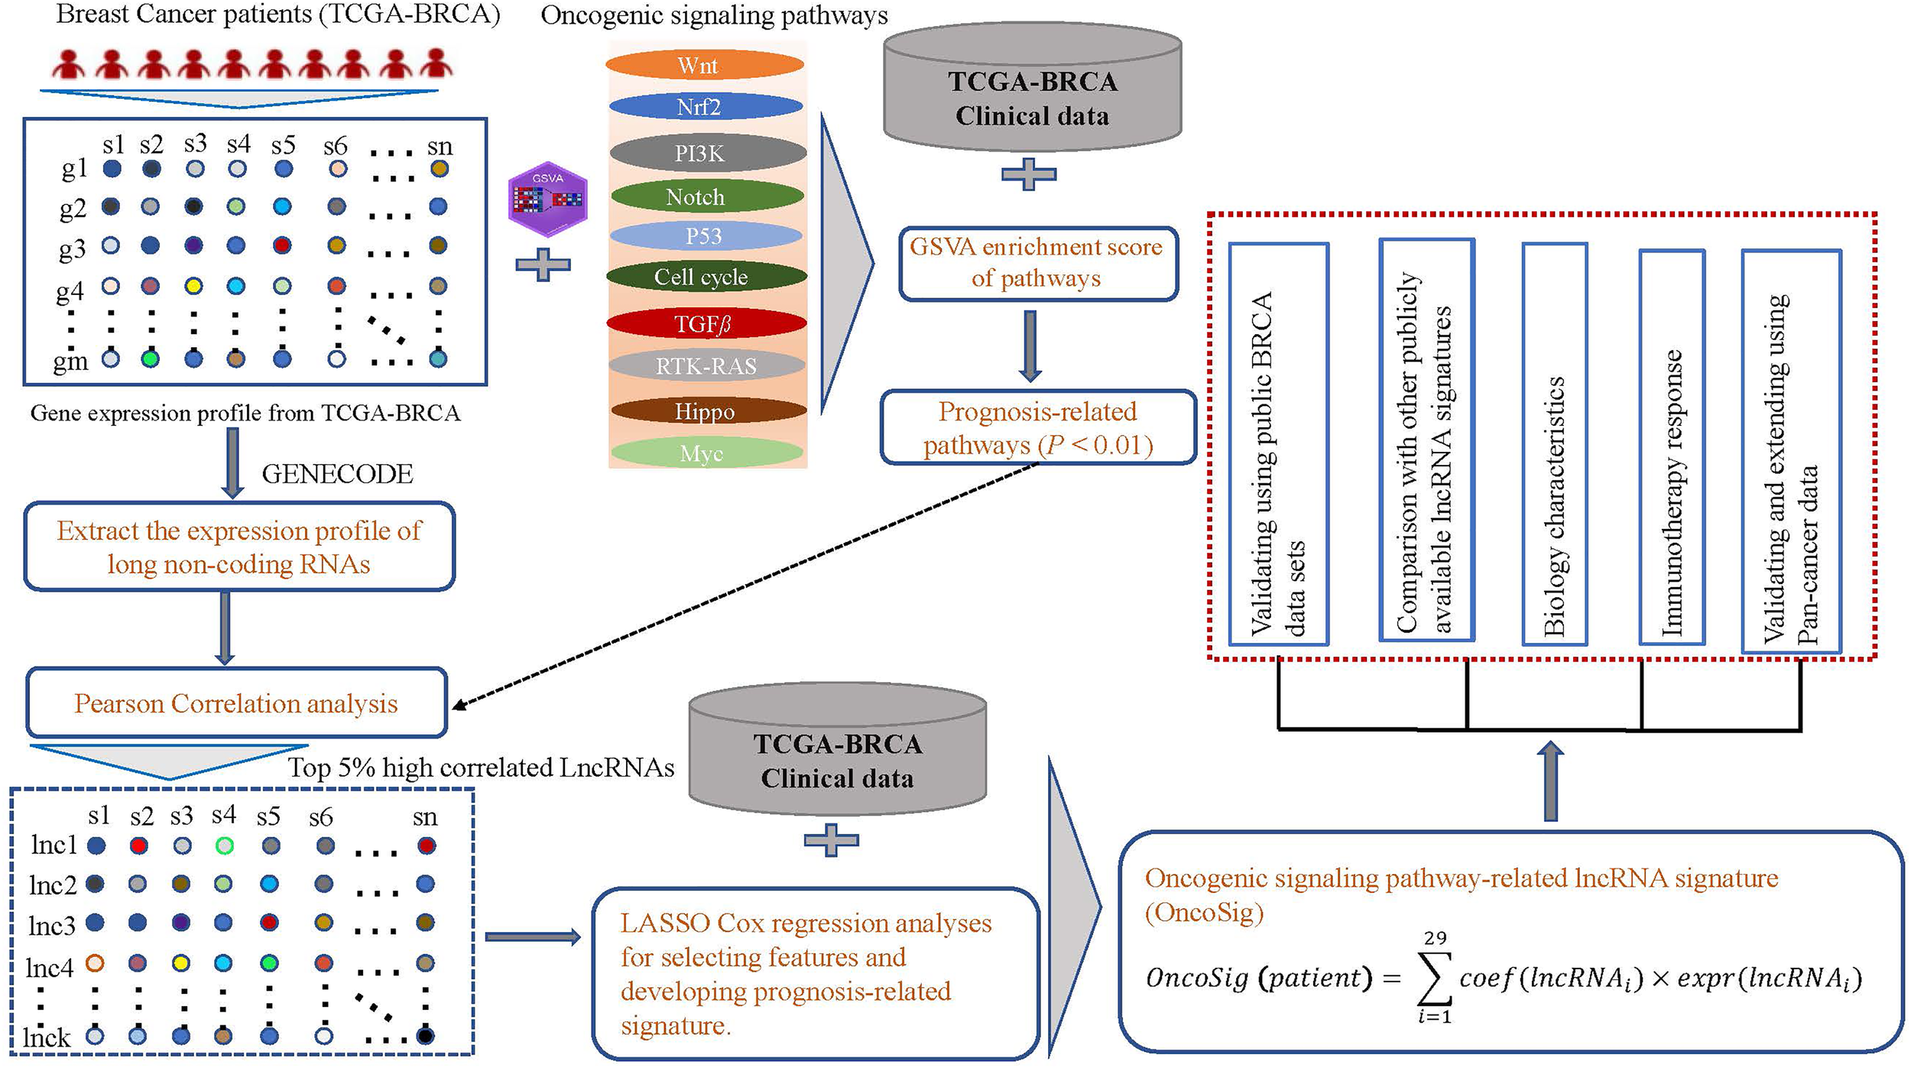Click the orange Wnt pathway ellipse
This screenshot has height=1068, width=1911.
click(704, 65)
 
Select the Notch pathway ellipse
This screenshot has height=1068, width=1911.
click(704, 196)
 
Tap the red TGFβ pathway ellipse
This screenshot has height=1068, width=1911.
click(706, 323)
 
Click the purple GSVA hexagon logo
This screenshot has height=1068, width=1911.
click(548, 199)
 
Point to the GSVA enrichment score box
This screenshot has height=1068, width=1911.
click(1037, 263)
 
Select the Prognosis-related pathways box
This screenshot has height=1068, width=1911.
click(1037, 428)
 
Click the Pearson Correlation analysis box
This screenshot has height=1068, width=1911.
click(236, 703)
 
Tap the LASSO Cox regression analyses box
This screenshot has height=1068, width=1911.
click(816, 973)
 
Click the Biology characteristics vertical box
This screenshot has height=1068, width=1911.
click(1554, 443)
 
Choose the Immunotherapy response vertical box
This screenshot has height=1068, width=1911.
click(1672, 447)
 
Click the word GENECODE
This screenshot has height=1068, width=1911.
click(337, 474)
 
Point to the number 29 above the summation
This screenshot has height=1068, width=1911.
click(1435, 938)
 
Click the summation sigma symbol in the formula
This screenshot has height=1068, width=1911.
click(1434, 978)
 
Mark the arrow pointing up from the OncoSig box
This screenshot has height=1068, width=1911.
click(1550, 781)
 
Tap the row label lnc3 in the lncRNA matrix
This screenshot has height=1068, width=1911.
click(52, 926)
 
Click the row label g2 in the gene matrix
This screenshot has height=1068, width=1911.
click(73, 208)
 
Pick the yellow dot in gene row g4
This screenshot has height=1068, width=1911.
click(194, 286)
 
